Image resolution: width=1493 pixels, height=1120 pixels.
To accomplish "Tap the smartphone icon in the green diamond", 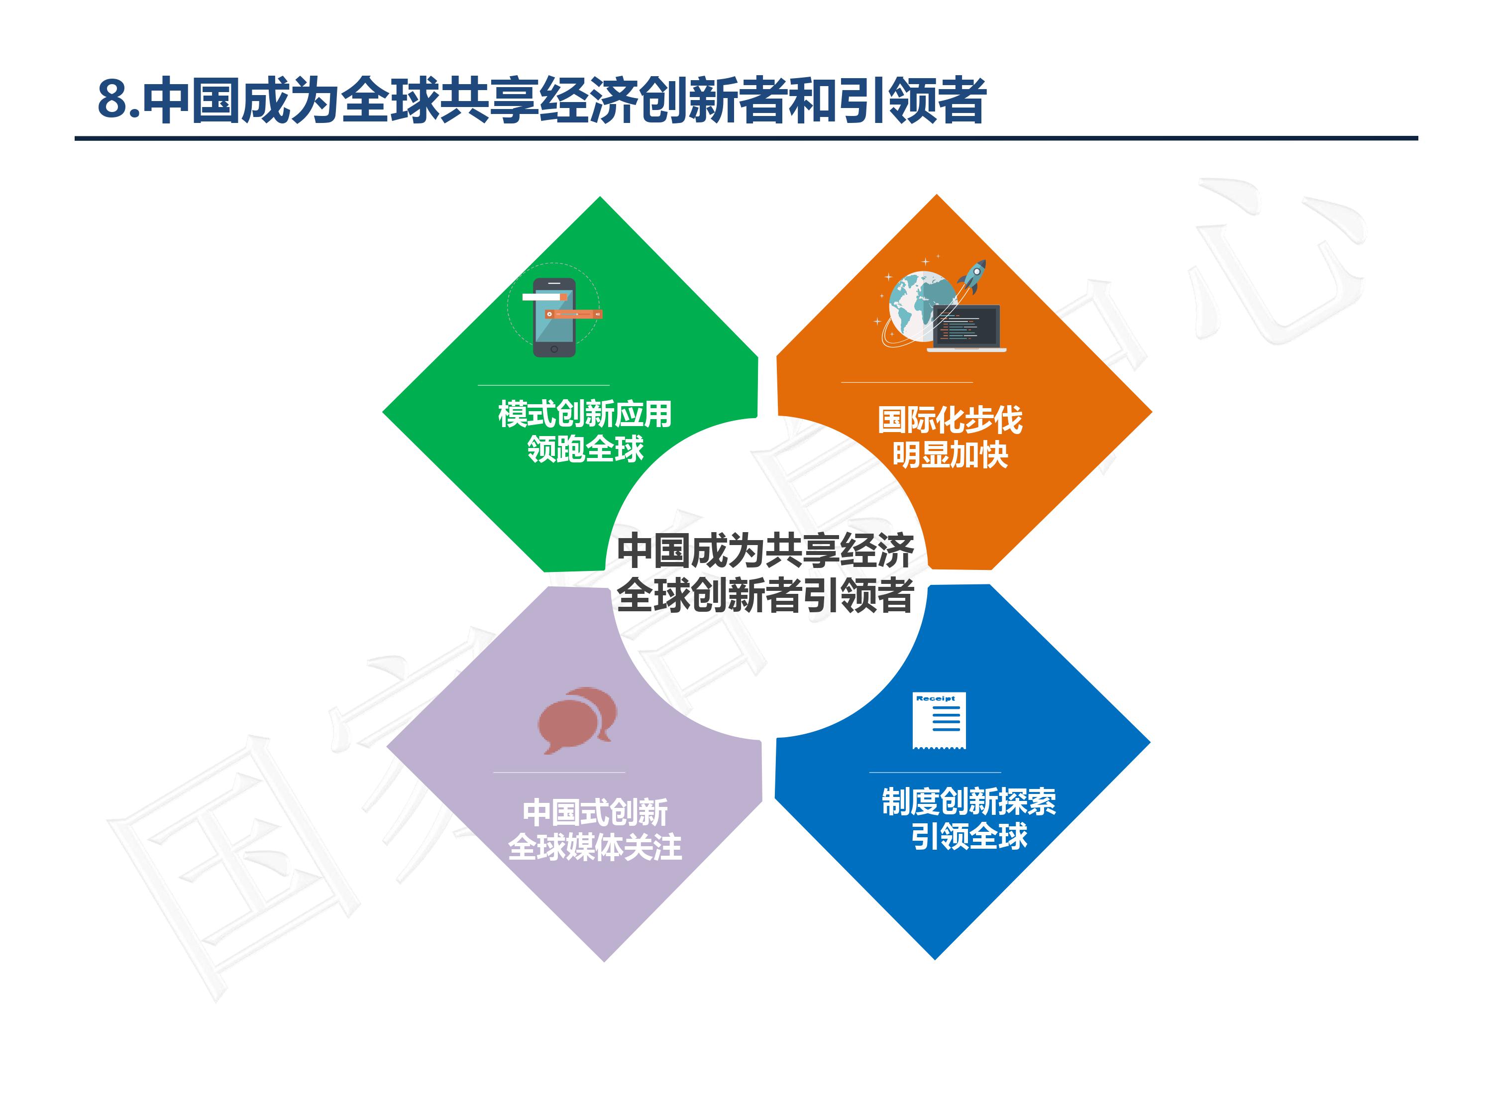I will coord(554,317).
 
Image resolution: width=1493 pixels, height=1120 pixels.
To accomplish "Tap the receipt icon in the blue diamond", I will coord(939,720).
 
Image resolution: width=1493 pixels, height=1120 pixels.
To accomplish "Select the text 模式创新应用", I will coord(585,414).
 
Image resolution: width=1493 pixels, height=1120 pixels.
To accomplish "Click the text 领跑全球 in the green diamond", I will coord(585,449).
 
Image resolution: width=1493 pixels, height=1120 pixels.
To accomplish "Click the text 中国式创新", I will coord(595,812).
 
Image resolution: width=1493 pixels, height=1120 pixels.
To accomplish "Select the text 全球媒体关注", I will coord(595,847).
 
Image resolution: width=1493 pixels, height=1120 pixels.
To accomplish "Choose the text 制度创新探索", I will coord(968,801).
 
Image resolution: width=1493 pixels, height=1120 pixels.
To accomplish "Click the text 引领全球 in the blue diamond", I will coord(968,836).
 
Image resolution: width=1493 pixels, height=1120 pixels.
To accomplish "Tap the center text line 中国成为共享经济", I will coord(765,551).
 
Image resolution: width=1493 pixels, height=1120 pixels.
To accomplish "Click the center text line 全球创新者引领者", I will coord(765,595).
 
